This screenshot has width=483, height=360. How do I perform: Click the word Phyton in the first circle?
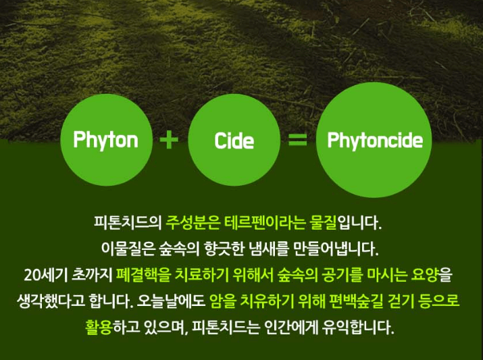pyautogui.click(x=105, y=140)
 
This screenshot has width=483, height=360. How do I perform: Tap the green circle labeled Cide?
pyautogui.click(x=234, y=140)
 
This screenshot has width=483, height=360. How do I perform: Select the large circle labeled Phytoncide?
pyautogui.click(x=374, y=140)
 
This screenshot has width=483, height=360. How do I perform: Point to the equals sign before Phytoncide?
pyautogui.click(x=297, y=140)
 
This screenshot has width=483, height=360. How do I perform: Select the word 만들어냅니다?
pyautogui.click(x=345, y=247)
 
